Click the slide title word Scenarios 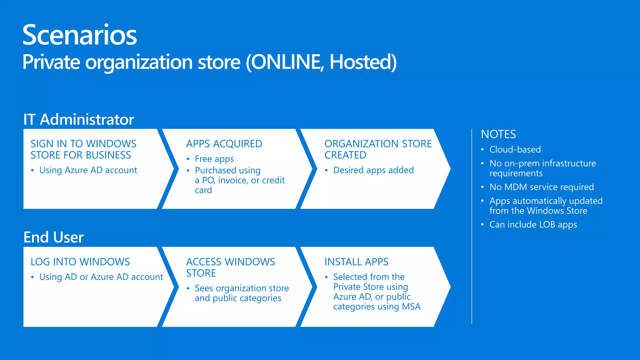pyautogui.click(x=80, y=35)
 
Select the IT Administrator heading pyautogui.click(x=79, y=119)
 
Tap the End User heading pyautogui.click(x=53, y=237)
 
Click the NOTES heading pyautogui.click(x=498, y=134)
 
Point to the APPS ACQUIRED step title pyautogui.click(x=224, y=144)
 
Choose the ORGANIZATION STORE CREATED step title pyautogui.click(x=378, y=149)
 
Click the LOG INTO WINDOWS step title pyautogui.click(x=80, y=262)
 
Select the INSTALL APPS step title pyautogui.click(x=356, y=262)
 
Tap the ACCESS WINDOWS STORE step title pyautogui.click(x=231, y=267)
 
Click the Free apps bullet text pyautogui.click(x=214, y=159)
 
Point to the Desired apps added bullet pyautogui.click(x=373, y=170)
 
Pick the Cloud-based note pyautogui.click(x=515, y=150)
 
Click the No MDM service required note pyautogui.click(x=542, y=187)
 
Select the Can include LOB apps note pyautogui.click(x=533, y=225)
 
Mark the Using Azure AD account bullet pyautogui.click(x=88, y=170)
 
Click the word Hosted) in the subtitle pyautogui.click(x=363, y=62)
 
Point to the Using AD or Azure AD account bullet pyautogui.click(x=101, y=277)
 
